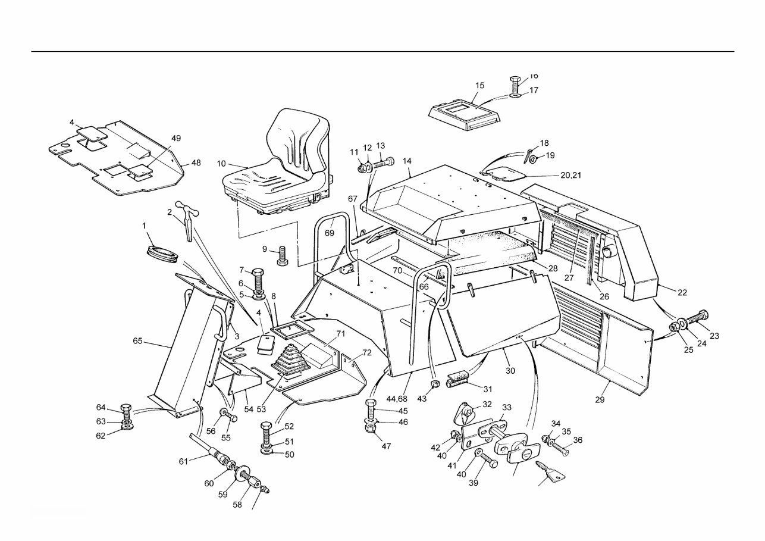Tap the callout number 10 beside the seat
click(221, 163)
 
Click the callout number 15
click(479, 86)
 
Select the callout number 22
click(682, 292)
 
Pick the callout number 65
click(137, 341)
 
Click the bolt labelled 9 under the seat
click(282, 255)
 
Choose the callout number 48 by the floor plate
click(196, 162)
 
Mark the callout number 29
click(600, 399)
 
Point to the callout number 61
click(183, 461)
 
